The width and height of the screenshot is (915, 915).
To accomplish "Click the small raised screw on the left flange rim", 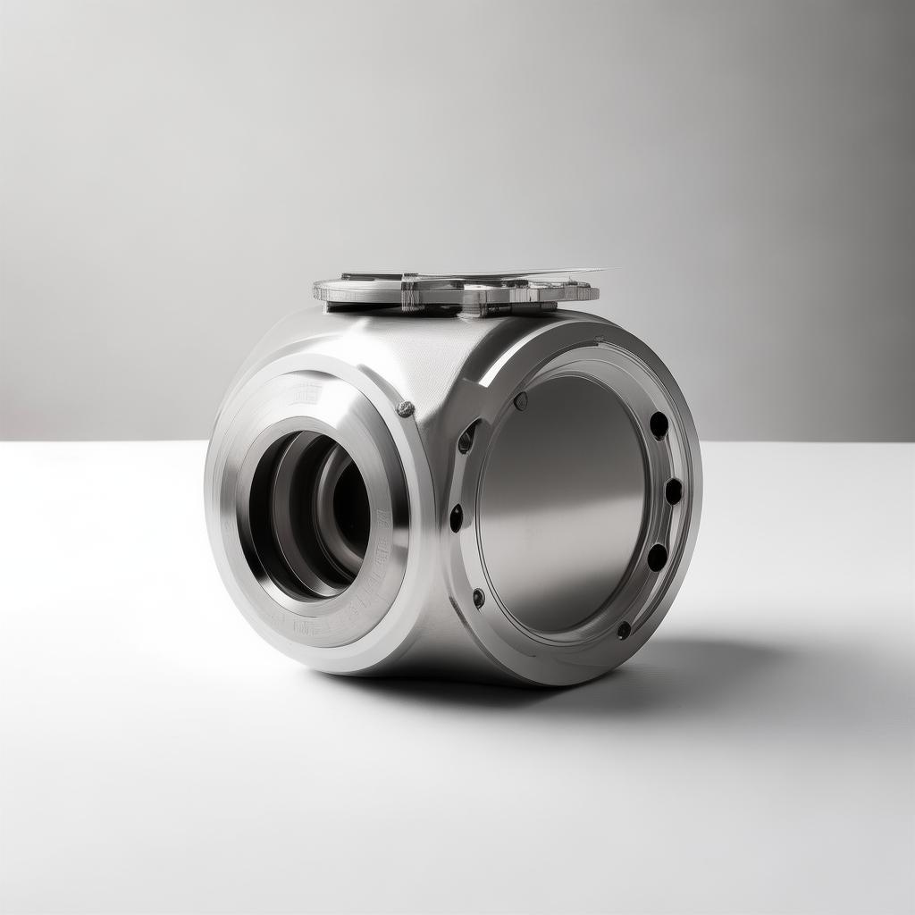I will [x=405, y=408].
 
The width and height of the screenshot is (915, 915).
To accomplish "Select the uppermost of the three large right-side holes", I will [x=659, y=425].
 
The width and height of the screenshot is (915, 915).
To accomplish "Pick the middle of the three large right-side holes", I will [x=673, y=491].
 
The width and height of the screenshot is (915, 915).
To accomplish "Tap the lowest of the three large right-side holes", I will [x=657, y=557].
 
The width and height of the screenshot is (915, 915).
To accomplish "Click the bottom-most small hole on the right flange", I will [x=624, y=629].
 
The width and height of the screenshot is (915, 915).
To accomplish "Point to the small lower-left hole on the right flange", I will [x=479, y=598].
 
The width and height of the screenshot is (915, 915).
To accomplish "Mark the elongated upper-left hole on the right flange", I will [x=466, y=437].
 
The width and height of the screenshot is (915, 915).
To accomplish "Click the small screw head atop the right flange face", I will [x=521, y=401].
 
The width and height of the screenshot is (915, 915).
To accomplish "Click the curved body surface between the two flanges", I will [x=429, y=357].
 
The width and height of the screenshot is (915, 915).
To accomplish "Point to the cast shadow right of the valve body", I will [x=706, y=661].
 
